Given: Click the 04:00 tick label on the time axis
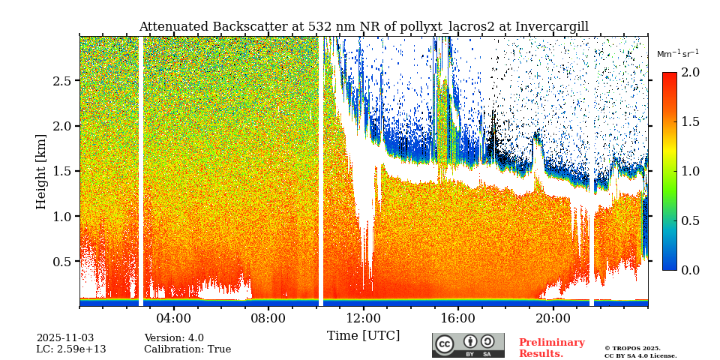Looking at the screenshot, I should (174, 318).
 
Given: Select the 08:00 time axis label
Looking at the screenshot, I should (268, 318).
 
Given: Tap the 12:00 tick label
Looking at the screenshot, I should (364, 318).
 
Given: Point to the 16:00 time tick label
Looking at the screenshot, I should (458, 318).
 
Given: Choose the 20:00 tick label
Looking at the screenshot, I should (553, 318).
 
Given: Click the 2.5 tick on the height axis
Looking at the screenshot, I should (62, 81).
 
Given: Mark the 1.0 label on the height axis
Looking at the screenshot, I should (62, 217).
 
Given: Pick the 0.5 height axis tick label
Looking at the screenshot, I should (62, 262).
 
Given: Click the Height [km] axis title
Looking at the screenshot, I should (41, 171).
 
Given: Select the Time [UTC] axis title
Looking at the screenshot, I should (363, 335).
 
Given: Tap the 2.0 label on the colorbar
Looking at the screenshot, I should (690, 73).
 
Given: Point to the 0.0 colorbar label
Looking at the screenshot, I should (690, 270).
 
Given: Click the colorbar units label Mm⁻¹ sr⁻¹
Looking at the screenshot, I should (677, 54).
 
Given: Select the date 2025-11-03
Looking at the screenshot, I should (65, 338).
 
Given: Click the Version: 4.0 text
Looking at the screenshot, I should (174, 338).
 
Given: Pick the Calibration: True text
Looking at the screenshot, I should (187, 349).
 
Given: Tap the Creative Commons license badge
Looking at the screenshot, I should (468, 345).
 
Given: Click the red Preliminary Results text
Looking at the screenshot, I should (551, 348).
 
